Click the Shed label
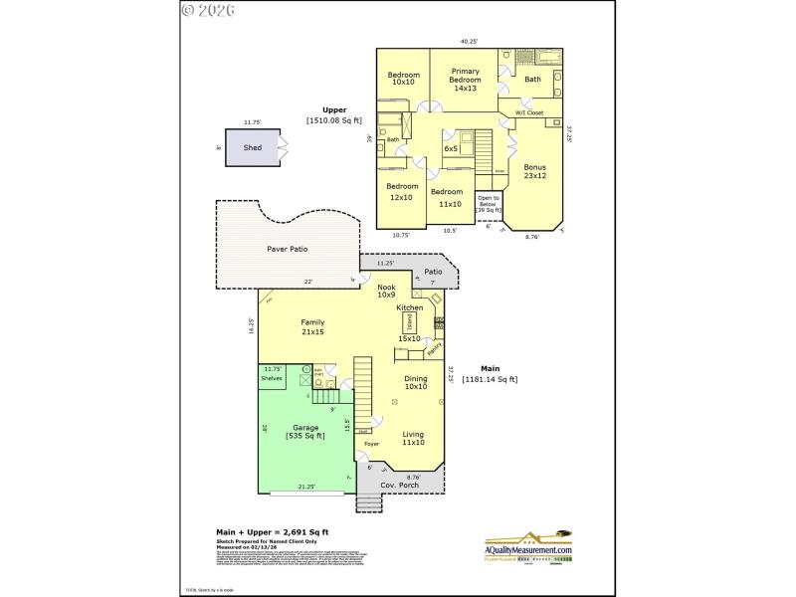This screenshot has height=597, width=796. [253, 147]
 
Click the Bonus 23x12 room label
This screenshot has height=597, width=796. [534, 171]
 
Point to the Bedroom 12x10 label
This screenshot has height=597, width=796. [402, 191]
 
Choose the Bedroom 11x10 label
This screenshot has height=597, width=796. [447, 197]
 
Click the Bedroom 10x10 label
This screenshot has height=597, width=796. [403, 80]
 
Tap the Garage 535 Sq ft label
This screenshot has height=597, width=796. [305, 432]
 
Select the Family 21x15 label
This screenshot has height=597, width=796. [313, 326]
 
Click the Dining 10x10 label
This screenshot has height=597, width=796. [415, 382]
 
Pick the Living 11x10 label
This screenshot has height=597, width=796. [413, 438]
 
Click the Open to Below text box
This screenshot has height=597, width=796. [488, 204]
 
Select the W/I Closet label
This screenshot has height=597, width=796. [528, 113]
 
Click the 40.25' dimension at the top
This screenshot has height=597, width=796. [469, 42]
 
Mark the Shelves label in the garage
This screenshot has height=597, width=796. [272, 378]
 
